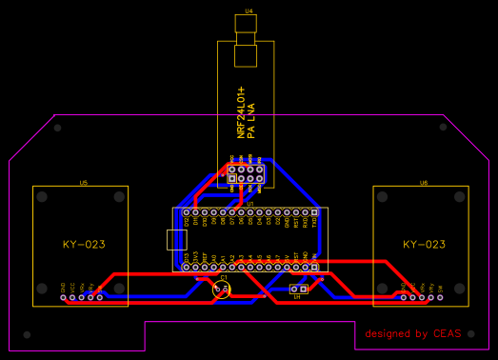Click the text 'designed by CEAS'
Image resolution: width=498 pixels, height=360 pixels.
412,333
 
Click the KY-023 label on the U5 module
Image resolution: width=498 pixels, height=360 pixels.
83,245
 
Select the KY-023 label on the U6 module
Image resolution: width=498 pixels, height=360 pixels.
424,245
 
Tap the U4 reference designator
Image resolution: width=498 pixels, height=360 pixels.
249,10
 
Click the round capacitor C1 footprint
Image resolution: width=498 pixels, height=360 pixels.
221,289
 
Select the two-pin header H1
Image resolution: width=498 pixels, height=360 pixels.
297,289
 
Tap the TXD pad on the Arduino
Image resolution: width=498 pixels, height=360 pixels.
314,211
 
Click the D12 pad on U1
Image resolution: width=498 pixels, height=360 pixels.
186,211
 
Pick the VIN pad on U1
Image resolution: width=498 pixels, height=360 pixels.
314,267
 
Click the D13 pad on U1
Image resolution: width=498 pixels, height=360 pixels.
186,267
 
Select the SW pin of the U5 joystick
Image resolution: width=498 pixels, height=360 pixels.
100,297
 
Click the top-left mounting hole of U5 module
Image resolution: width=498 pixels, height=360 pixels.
43,197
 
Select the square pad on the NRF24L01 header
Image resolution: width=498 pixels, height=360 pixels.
231,177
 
